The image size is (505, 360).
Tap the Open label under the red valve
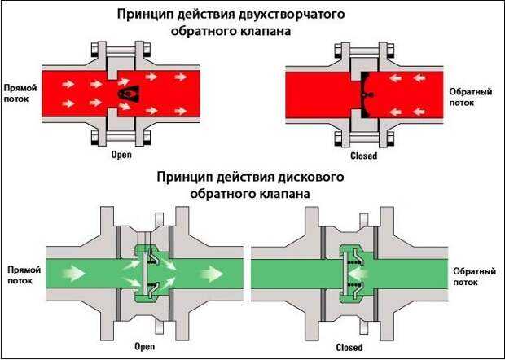click(121, 154)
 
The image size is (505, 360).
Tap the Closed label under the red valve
click(363, 154)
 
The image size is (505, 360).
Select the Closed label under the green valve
click(348, 346)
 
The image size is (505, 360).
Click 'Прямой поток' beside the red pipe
click(18, 93)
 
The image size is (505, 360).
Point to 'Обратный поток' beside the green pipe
click(471, 271)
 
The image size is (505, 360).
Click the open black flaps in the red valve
click(125, 94)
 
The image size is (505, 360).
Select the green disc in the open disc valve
click(147, 271)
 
